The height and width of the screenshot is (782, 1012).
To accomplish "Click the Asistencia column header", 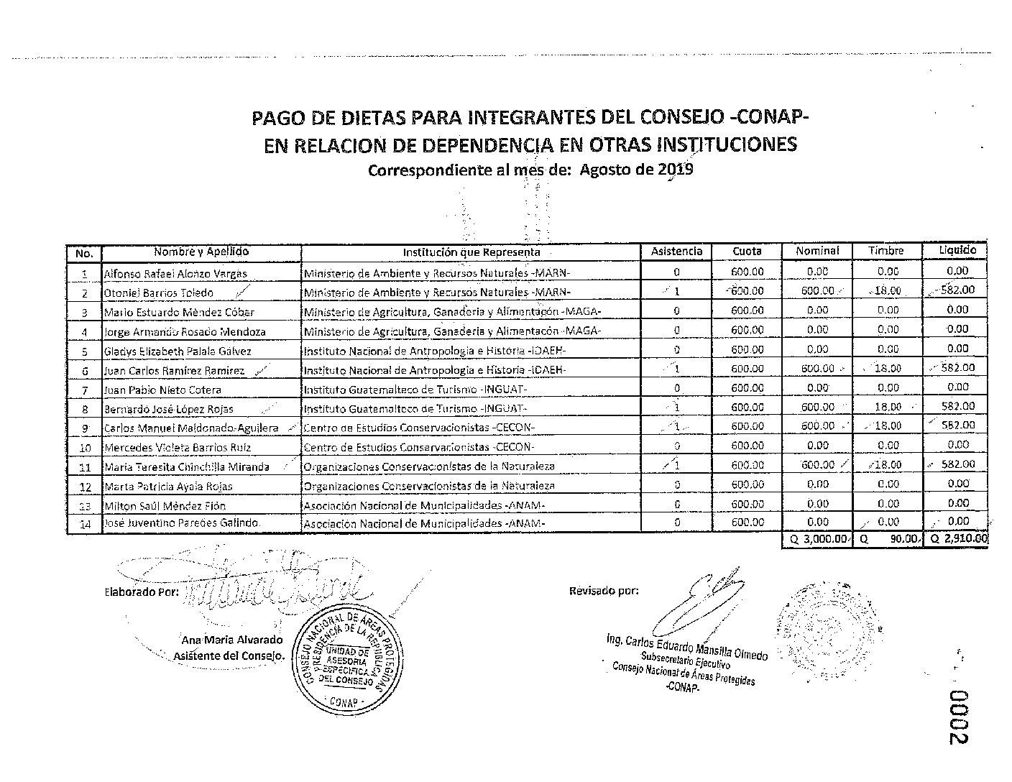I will tap(676, 251).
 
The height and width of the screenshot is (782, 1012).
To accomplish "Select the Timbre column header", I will tap(886, 251).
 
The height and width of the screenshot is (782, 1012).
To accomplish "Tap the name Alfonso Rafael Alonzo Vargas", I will tap(175, 274).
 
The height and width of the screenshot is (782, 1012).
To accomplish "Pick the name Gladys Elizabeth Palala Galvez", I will tap(178, 351).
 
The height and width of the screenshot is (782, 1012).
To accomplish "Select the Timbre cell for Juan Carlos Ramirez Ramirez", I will tap(888, 368).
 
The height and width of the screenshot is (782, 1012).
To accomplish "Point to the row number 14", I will tap(85, 524).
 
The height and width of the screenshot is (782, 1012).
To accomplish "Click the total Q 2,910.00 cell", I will tap(957, 538).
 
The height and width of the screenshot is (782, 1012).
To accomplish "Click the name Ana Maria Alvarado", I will tap(232, 640).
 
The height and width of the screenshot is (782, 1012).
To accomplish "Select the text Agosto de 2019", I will tap(636, 170).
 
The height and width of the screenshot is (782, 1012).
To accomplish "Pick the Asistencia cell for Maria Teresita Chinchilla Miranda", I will tap(676, 465).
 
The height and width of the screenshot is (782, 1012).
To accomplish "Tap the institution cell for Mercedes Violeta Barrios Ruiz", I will tap(419, 447).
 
